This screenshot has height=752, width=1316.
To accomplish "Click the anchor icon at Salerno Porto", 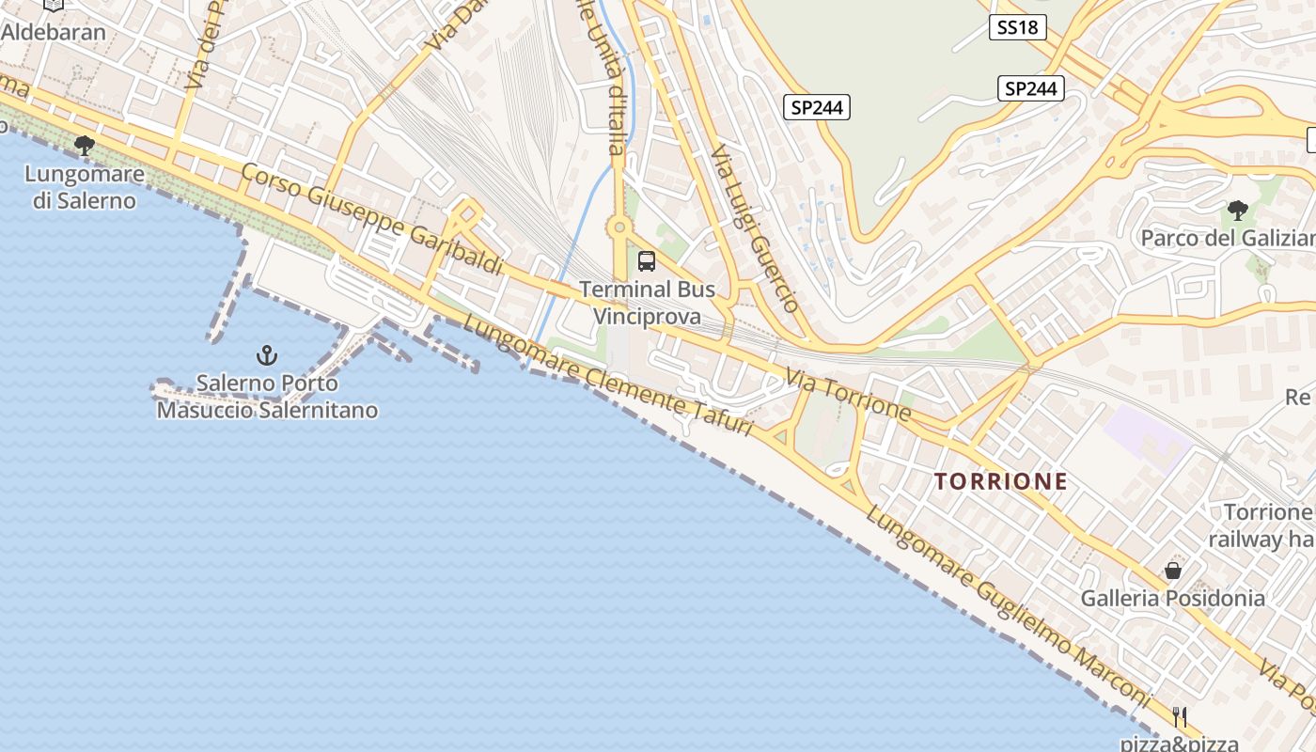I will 268,355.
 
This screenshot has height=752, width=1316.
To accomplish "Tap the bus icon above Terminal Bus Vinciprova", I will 647,261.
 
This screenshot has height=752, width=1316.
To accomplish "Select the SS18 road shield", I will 1018,27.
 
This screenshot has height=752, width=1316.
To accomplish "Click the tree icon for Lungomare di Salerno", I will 85,145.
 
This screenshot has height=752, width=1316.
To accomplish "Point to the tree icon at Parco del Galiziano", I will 1238,210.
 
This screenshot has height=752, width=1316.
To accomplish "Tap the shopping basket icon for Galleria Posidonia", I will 1173,570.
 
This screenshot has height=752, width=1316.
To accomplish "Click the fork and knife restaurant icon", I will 1180,716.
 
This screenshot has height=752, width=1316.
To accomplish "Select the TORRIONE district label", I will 1001,481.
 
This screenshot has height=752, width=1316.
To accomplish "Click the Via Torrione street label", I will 849,395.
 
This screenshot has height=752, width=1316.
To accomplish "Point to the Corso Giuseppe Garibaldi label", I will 372,219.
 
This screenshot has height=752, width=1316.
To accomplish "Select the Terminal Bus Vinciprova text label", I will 647,303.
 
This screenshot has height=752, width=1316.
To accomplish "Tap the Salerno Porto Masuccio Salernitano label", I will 268,397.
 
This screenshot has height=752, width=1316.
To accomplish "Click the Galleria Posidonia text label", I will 1172,598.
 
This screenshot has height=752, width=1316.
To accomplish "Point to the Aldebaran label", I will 54,31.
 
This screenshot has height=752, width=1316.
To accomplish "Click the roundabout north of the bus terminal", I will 619,227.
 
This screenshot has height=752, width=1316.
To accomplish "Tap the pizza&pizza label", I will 1179,743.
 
